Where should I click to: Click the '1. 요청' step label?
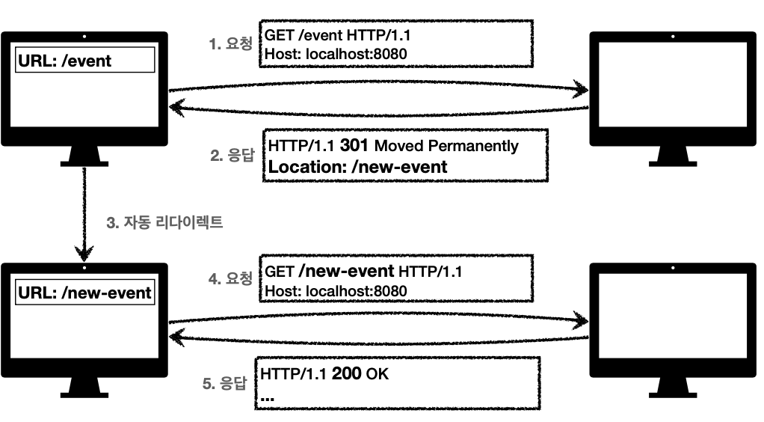pos(231,43)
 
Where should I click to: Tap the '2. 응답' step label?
pos(233,156)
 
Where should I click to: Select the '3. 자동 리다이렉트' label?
pos(165,223)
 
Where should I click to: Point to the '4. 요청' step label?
pos(232,278)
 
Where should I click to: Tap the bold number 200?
pos(347,373)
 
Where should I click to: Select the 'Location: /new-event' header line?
pos(357,167)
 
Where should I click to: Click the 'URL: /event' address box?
pos(84,61)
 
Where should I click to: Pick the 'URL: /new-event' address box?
pos(84,293)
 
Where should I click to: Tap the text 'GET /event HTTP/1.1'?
pos(337,35)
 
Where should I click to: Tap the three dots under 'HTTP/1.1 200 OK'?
pos(267,397)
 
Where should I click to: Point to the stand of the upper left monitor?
pos(84,155)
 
